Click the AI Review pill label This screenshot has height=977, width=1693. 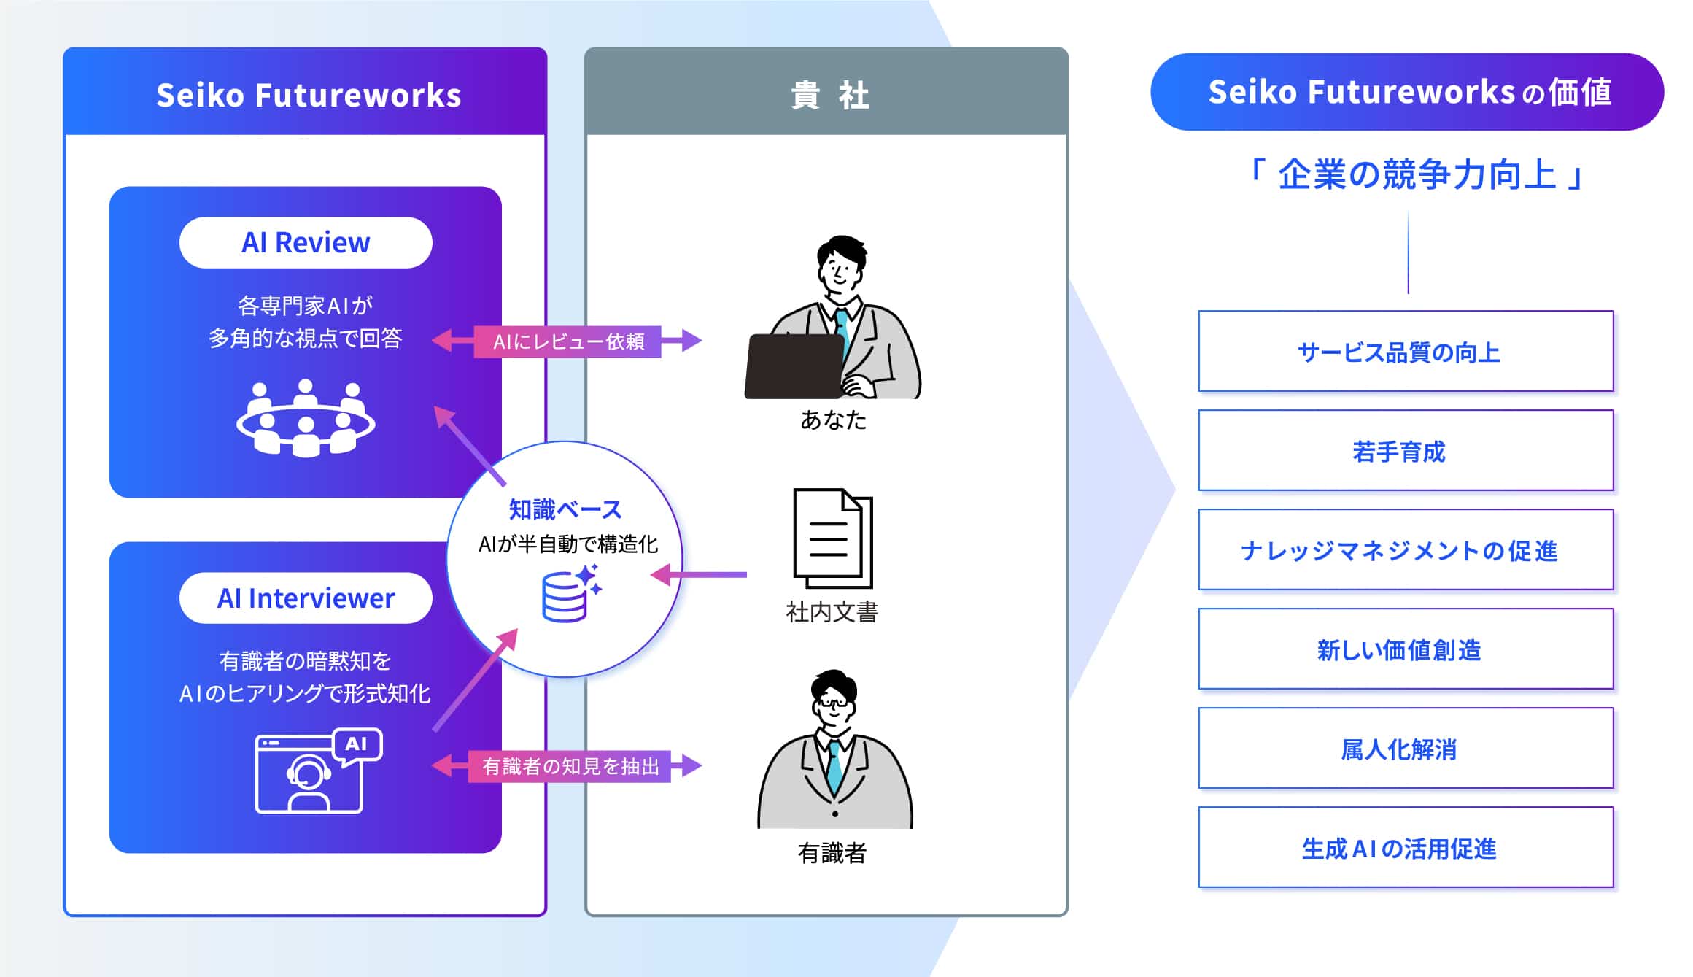tap(306, 243)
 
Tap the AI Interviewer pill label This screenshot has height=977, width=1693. tap(306, 598)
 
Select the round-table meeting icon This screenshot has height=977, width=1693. tap(306, 419)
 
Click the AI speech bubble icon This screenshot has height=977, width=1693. tap(357, 745)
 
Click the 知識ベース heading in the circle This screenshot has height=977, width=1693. tap(565, 509)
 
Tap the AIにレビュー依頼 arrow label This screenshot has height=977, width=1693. tap(568, 341)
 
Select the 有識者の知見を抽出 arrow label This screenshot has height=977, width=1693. tap(570, 766)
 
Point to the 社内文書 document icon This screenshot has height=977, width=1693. tap(832, 538)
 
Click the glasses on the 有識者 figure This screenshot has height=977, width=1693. tap(833, 703)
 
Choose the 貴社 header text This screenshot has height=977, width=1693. tap(829, 96)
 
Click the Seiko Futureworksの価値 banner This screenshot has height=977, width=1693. tap(1407, 93)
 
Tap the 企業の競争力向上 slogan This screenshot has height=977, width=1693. tap(1416, 175)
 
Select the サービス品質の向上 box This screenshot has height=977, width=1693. tap(1406, 352)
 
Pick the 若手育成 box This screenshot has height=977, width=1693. tap(1406, 451)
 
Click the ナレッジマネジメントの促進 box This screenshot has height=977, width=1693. tap(1406, 550)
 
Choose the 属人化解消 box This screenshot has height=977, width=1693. tap(1406, 749)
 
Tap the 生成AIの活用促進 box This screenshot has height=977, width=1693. tap(1406, 848)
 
